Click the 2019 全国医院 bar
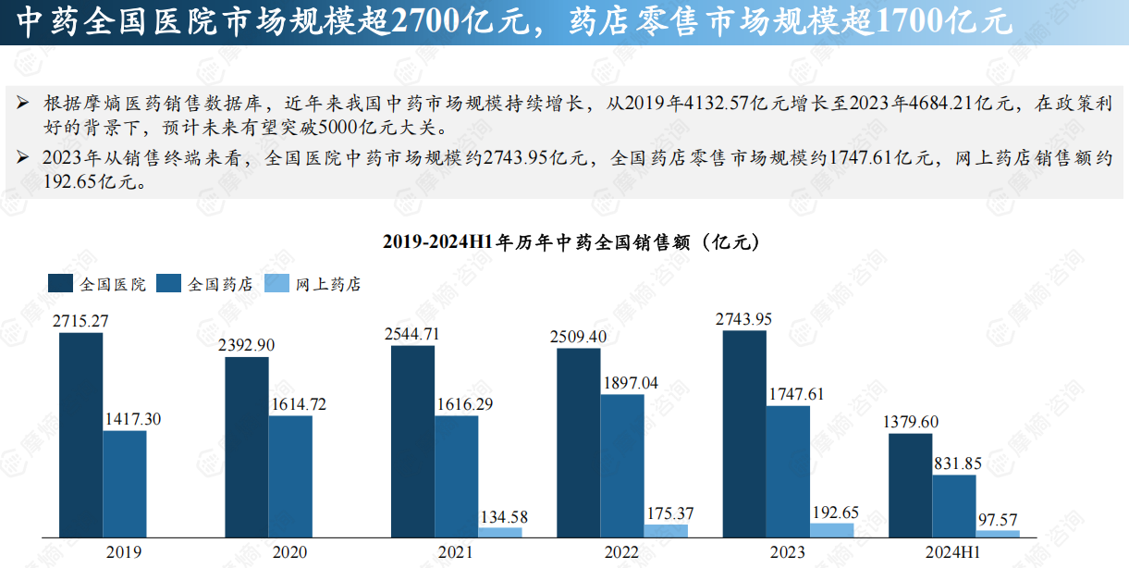(x=81, y=435)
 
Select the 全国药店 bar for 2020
(x=290, y=475)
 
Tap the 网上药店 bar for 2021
(x=500, y=531)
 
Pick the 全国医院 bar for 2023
(x=744, y=433)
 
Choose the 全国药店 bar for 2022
(x=622, y=465)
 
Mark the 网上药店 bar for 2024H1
(x=998, y=533)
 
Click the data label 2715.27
(x=81, y=322)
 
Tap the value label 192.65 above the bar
(x=832, y=512)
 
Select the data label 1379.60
(x=910, y=422)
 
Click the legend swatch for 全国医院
(x=61, y=284)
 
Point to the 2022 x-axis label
(x=621, y=552)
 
